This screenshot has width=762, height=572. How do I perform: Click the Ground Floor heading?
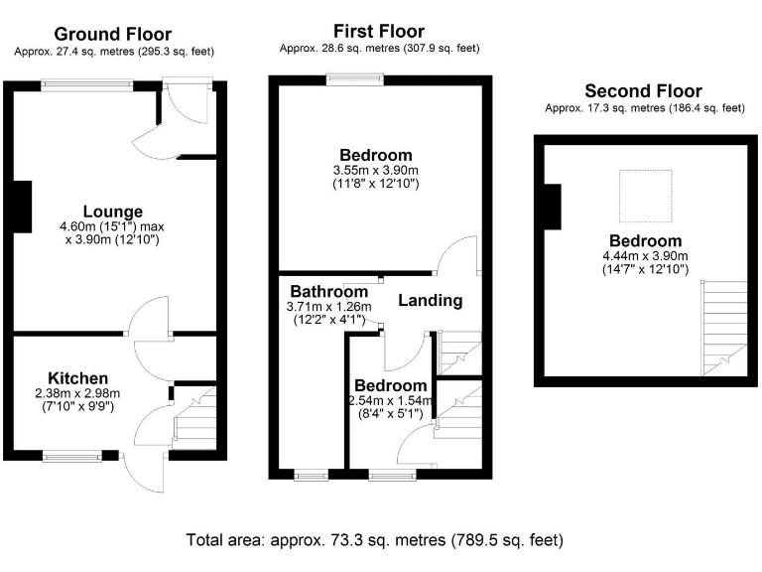(x=111, y=35)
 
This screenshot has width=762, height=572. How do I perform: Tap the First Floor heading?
(x=380, y=32)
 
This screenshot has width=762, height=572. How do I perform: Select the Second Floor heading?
(x=643, y=91)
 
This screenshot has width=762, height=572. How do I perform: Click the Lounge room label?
(x=112, y=212)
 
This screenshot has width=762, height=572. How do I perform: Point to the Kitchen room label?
(x=78, y=378)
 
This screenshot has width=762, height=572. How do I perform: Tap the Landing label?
(x=431, y=300)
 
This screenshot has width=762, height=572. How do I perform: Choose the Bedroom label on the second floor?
(x=645, y=241)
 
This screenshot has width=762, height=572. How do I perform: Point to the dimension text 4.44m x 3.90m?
(x=645, y=256)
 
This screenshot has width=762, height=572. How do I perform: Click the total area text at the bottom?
(x=375, y=541)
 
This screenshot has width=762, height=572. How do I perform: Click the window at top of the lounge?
(x=87, y=86)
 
